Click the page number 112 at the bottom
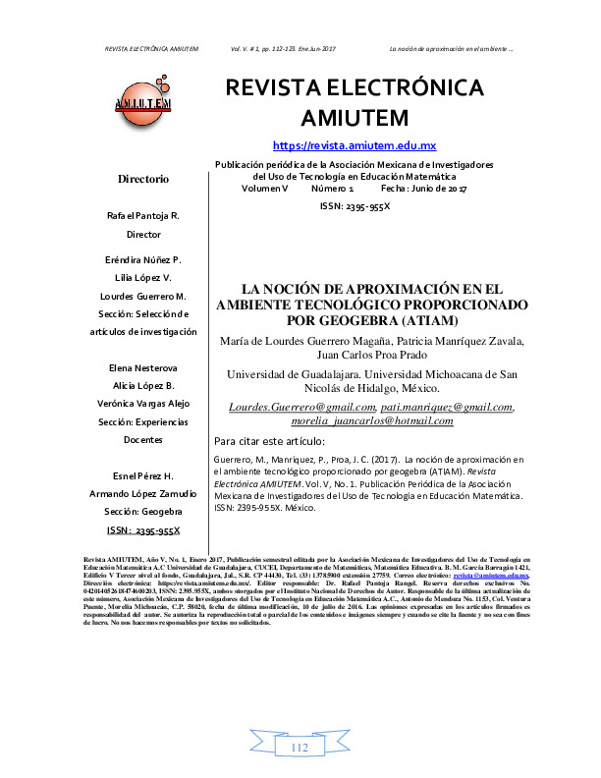click(x=300, y=750)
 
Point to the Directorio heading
click(x=143, y=179)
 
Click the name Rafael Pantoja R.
click(x=143, y=215)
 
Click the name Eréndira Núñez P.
click(x=143, y=259)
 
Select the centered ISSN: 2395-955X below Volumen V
click(x=354, y=205)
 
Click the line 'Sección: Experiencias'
click(x=143, y=421)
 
